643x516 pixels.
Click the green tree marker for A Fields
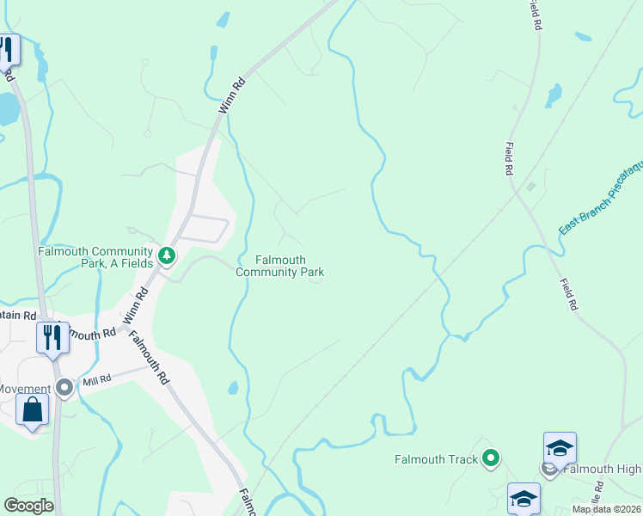click(167, 255)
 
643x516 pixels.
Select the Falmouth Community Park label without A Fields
click(279, 266)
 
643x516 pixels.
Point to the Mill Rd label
click(96, 379)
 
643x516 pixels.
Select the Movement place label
click(23, 389)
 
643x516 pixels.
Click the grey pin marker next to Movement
click(64, 388)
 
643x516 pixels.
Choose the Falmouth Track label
click(436, 459)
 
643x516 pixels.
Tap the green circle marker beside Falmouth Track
click(491, 458)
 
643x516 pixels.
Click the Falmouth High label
click(602, 469)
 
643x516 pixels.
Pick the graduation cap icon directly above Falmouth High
click(559, 448)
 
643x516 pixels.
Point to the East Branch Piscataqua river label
click(601, 198)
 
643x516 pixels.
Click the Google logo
click(28, 506)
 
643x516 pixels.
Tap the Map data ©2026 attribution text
click(607, 509)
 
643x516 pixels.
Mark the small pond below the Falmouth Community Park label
click(233, 388)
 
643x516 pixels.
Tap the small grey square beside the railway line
click(530, 186)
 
